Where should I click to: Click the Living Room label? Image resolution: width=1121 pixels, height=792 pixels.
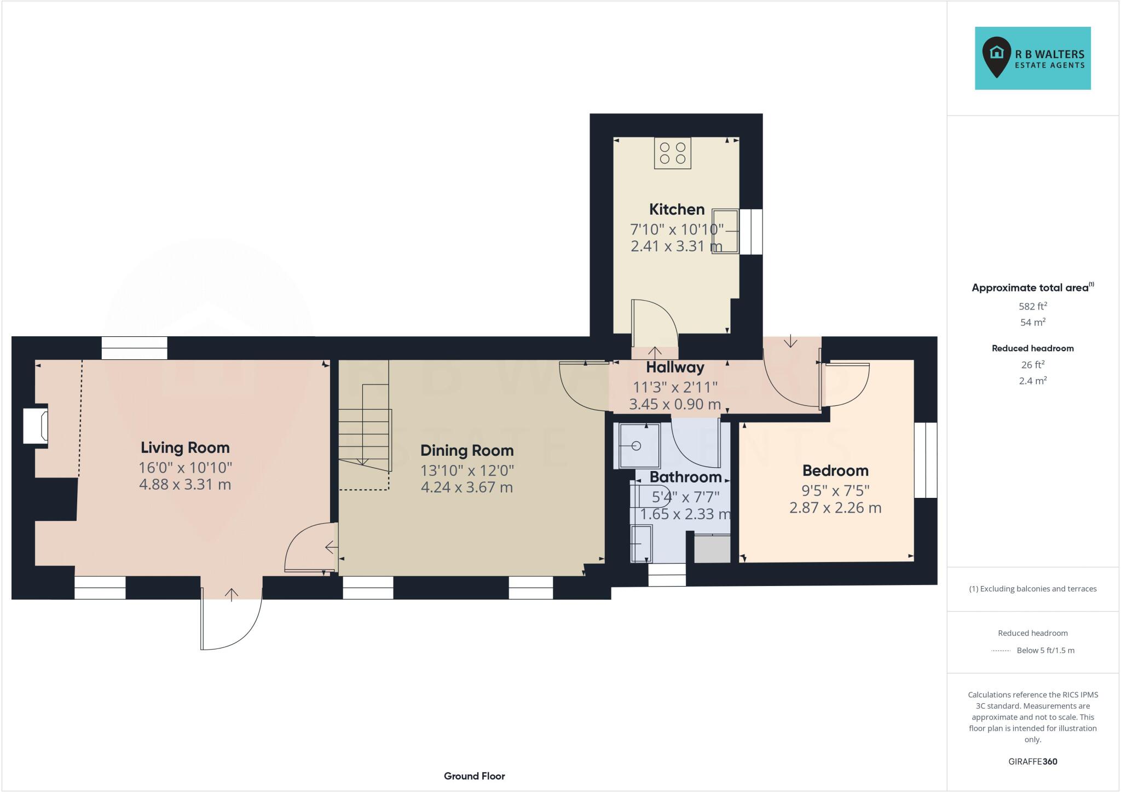click(185, 447)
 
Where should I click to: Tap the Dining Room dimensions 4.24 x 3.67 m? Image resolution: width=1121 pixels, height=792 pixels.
click(467, 487)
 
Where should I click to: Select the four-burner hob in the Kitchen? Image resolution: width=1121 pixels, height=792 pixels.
click(673, 153)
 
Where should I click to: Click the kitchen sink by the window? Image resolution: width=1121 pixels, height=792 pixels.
click(725, 231)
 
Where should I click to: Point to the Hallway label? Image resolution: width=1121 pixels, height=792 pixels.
click(675, 367)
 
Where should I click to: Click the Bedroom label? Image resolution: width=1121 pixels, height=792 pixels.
click(835, 470)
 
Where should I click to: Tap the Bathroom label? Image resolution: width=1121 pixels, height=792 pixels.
click(685, 477)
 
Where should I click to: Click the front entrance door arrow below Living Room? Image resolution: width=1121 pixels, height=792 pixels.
click(232, 594)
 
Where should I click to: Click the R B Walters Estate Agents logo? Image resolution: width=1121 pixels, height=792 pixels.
click(1032, 58)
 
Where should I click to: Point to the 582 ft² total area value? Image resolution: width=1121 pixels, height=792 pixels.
click(1032, 306)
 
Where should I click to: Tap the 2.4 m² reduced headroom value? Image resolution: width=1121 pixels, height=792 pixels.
click(1032, 381)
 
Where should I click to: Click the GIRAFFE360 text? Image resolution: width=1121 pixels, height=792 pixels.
click(1032, 761)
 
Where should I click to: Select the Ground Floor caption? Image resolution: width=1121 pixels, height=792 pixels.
click(474, 776)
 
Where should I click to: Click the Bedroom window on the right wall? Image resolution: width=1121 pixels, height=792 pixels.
click(926, 460)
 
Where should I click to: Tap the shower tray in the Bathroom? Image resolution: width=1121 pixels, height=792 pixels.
click(639, 445)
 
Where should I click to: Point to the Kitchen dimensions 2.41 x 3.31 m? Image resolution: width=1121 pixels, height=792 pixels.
click(676, 246)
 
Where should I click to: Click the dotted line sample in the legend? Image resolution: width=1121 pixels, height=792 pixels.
click(1000, 651)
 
